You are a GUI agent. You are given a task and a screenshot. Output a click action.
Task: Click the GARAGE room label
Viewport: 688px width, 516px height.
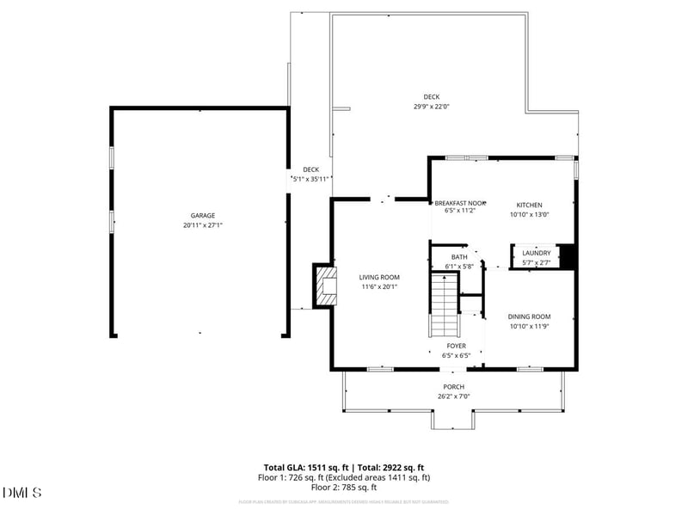coord(203,216)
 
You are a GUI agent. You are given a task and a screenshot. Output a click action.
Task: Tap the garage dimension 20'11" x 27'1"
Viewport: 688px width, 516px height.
coord(203,225)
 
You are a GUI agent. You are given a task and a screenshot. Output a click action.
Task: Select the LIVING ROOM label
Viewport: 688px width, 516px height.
coord(379,277)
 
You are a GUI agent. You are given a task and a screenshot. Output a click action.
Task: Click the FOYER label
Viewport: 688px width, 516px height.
coord(456,346)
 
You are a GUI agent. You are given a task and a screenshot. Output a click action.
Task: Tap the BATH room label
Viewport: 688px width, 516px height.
coord(460,257)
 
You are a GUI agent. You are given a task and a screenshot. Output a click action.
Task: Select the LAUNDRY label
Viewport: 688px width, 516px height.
coord(537,253)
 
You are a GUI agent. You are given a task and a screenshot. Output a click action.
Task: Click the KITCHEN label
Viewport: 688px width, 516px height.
coord(529,205)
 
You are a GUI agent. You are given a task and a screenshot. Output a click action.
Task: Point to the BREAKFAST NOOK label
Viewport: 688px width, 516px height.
coord(460,201)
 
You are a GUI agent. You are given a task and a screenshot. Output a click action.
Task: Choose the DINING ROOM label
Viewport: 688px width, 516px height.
coord(529,316)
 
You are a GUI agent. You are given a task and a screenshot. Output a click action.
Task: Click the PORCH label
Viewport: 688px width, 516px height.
coord(454,387)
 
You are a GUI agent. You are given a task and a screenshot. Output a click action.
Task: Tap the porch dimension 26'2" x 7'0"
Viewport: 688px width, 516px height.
coord(454,396)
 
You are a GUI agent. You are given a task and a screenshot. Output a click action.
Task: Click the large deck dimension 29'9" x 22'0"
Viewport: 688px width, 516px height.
coord(432,107)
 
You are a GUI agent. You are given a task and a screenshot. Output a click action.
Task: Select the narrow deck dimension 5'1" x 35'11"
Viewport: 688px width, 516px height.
coord(311,179)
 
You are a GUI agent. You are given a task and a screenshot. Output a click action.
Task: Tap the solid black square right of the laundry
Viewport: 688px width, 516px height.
coord(568,256)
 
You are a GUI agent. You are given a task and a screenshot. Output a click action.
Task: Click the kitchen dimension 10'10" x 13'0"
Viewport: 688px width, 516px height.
coord(529,215)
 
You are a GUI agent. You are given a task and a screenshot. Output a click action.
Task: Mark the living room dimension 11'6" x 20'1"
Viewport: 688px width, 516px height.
coord(379,287)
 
